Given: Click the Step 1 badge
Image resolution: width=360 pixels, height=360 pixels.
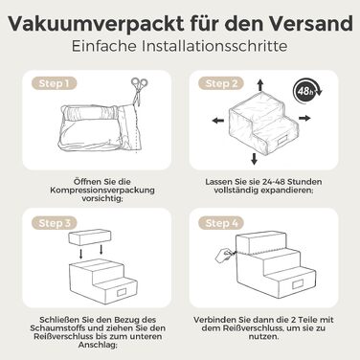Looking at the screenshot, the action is (x=54, y=83).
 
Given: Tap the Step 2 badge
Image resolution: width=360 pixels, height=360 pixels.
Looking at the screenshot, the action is (x=221, y=83).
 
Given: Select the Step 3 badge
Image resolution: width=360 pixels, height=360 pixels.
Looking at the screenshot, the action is (x=54, y=223).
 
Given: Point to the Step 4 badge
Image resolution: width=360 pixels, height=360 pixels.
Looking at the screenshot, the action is (x=221, y=223).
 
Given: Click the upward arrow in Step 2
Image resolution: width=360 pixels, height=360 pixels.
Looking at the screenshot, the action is (x=260, y=85).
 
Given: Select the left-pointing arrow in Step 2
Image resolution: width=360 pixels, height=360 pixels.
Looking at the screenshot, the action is (x=218, y=121).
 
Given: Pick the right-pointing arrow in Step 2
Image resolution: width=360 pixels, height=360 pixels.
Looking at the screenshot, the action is (x=304, y=118).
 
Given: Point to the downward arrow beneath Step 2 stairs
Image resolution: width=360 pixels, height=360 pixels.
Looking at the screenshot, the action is (x=254, y=159).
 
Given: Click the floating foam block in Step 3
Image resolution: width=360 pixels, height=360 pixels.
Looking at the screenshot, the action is (x=90, y=237).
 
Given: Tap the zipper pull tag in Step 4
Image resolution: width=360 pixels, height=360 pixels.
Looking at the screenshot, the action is (x=223, y=255).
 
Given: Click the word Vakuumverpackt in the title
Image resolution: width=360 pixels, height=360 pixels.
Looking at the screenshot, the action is (x=96, y=24).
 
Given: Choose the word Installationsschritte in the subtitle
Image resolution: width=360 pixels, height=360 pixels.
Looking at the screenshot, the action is (x=214, y=46).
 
